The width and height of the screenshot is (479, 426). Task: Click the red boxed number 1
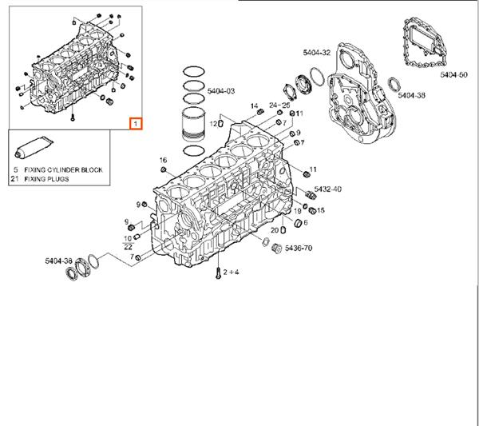click(x=137, y=124)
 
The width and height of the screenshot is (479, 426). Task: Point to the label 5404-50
click(x=452, y=74)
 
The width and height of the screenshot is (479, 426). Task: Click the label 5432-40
click(x=327, y=189)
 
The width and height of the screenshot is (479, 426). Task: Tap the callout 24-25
click(x=279, y=105)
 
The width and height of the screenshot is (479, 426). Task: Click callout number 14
click(x=254, y=106)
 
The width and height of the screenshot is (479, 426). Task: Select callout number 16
click(x=162, y=160)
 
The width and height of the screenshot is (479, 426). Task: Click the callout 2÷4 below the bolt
click(x=231, y=273)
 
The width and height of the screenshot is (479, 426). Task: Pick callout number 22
click(x=128, y=247)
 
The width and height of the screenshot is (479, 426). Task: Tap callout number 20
click(x=274, y=230)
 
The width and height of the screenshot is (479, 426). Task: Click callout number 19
click(x=296, y=210)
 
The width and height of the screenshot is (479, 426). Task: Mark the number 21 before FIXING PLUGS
click(x=14, y=180)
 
